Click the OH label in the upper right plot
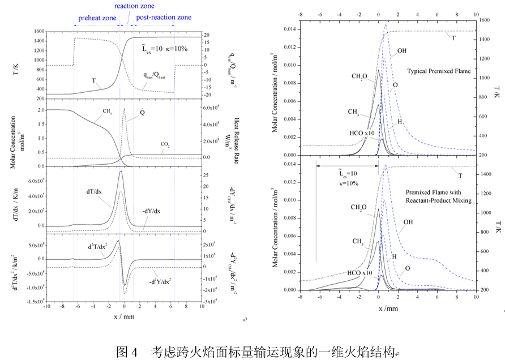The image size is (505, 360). (x=402, y=51)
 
